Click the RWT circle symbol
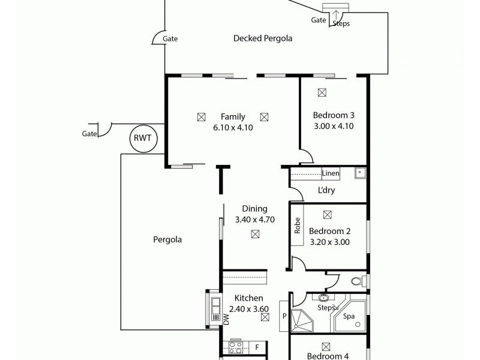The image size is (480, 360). pyautogui.click(x=142, y=138)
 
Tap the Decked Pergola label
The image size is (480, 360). pyautogui.click(x=262, y=38)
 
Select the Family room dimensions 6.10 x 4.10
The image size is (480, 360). pyautogui.click(x=232, y=127)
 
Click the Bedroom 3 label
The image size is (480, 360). pyautogui.click(x=334, y=115)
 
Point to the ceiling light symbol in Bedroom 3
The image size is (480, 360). pyautogui.click(x=322, y=92)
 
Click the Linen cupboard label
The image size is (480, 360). pyautogui.click(x=331, y=173)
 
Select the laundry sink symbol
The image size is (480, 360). pyautogui.click(x=359, y=173)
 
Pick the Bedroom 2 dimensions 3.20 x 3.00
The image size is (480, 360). pyautogui.click(x=329, y=242)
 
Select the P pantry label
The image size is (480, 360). pyautogui.click(x=285, y=315)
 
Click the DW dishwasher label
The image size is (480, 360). pyautogui.click(x=226, y=320)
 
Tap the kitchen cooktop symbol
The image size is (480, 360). pyautogui.click(x=235, y=347)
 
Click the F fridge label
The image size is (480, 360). pyautogui.click(x=257, y=347)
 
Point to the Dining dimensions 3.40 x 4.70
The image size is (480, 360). pyautogui.click(x=254, y=220)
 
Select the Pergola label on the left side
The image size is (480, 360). pyautogui.click(x=167, y=239)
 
